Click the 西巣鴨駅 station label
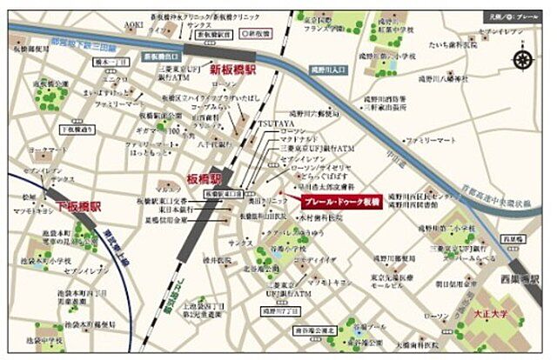[521, 280]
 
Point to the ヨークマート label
[42, 149]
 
